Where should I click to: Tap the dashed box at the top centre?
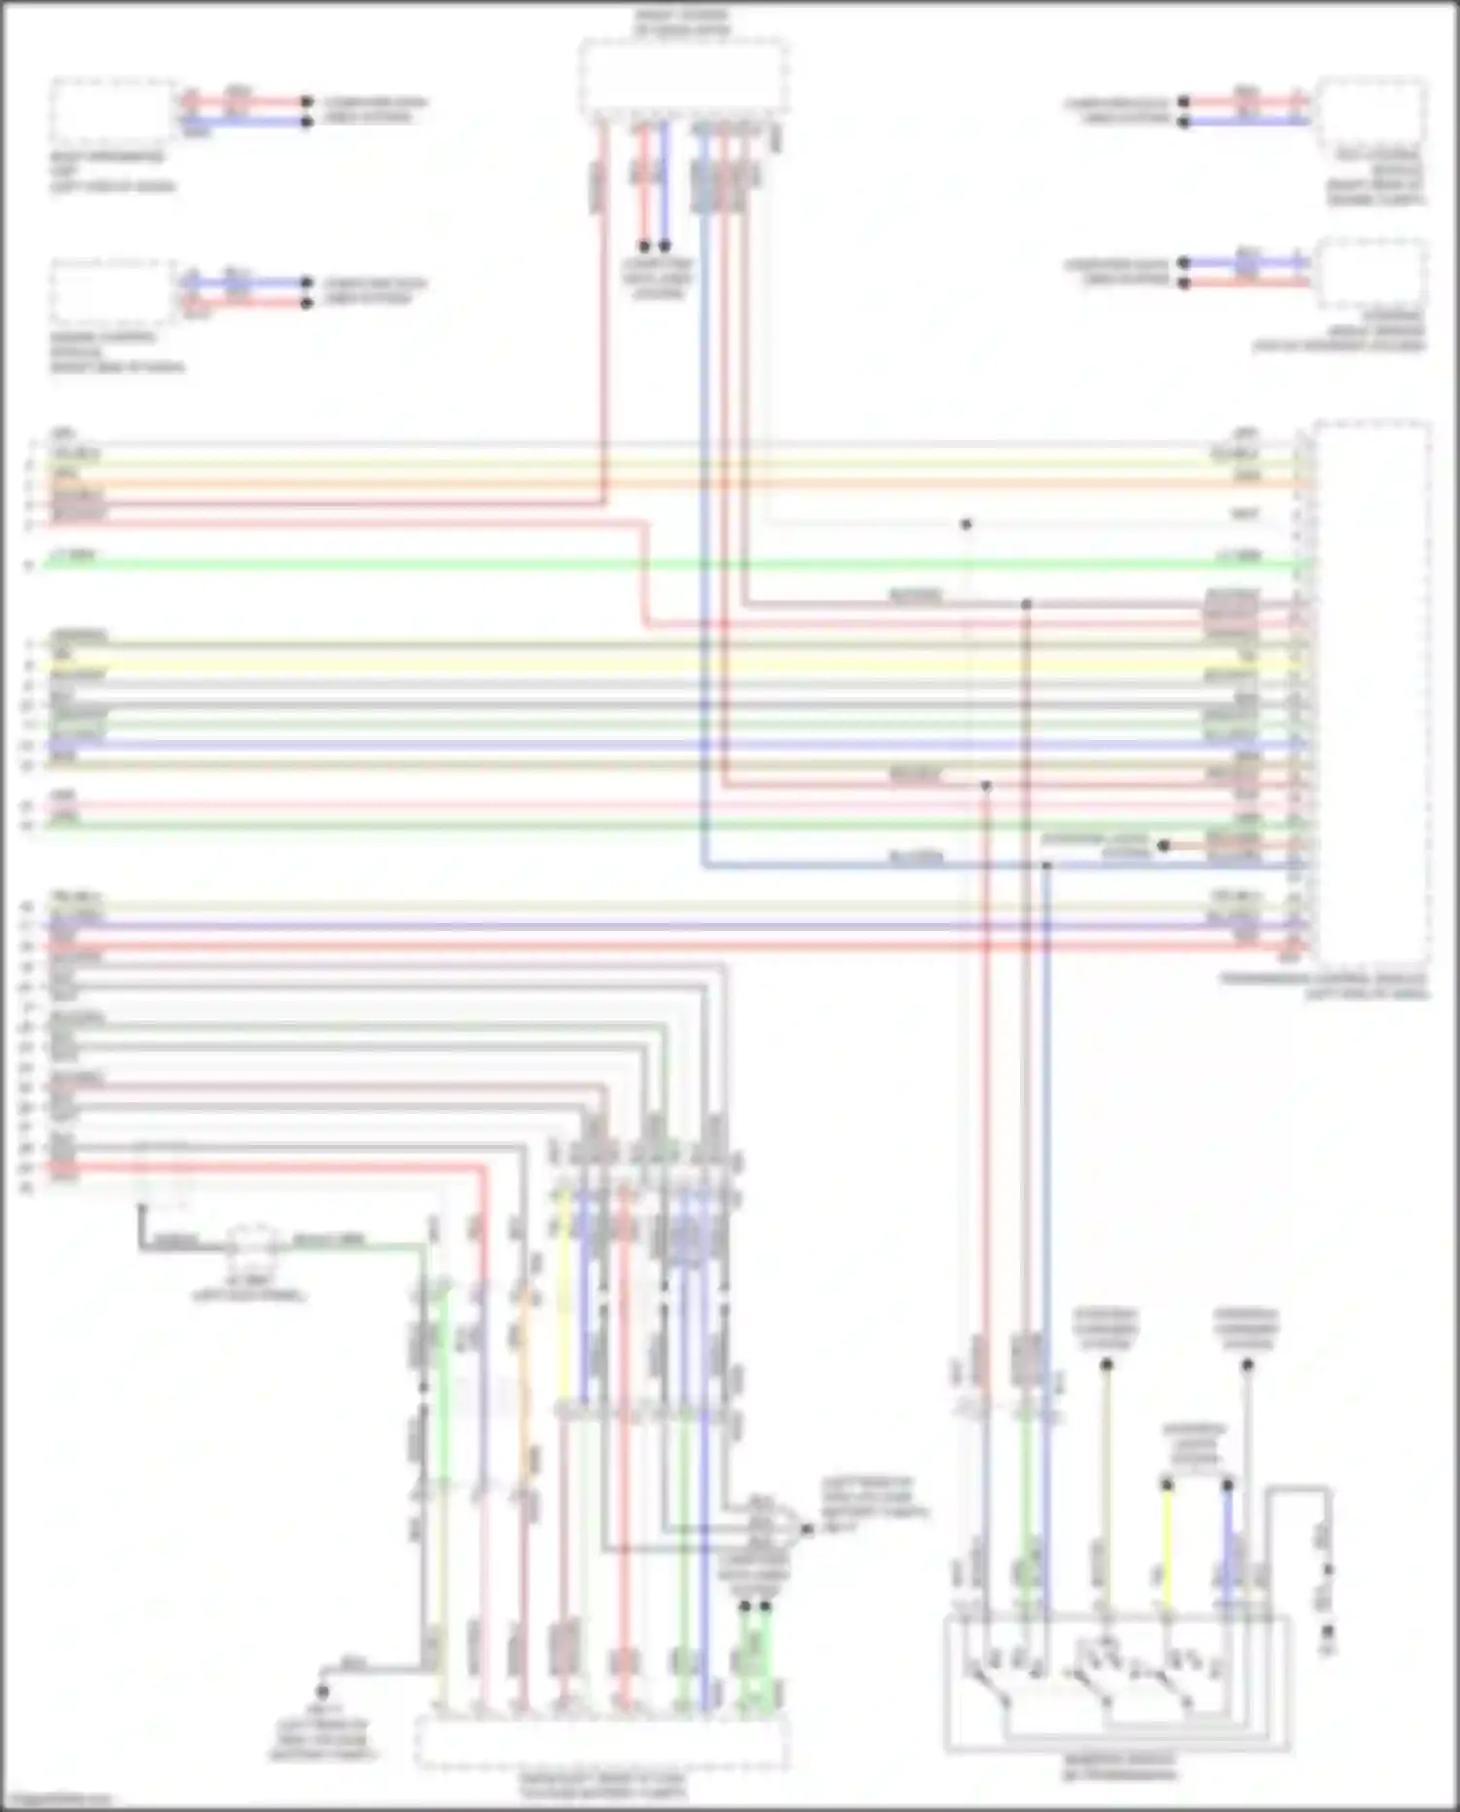683,78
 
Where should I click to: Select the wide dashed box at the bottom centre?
601,1743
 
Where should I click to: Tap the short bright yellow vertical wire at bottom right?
1167,1548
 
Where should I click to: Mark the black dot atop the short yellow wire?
1167,1485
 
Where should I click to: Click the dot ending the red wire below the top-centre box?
643,246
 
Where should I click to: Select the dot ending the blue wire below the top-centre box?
665,246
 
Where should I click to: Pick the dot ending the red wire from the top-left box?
307,102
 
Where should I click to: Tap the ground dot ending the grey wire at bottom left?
322,1692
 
